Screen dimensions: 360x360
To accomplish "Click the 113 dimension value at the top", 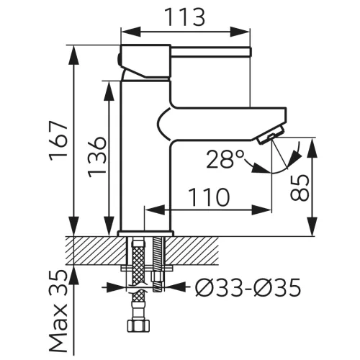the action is point(186,17).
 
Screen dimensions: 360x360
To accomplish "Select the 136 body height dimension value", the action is point(96,157).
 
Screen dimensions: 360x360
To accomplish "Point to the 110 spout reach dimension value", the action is point(209,197).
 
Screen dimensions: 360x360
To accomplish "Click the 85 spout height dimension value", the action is point(300,187).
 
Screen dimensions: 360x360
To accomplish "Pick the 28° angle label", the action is point(225,159).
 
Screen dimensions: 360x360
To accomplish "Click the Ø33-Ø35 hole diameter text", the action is point(248,287).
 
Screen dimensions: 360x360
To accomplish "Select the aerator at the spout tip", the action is point(271,136).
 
